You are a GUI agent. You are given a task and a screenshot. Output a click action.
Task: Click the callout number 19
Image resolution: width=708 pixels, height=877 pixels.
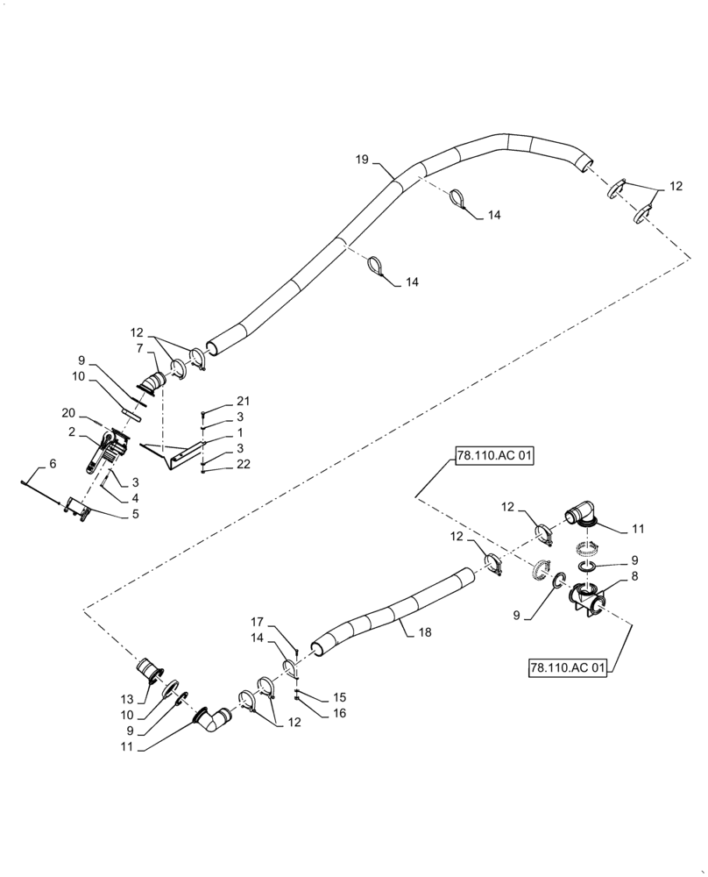coord(362,160)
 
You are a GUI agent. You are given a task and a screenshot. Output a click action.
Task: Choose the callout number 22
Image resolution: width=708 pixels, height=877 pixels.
coord(242,465)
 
